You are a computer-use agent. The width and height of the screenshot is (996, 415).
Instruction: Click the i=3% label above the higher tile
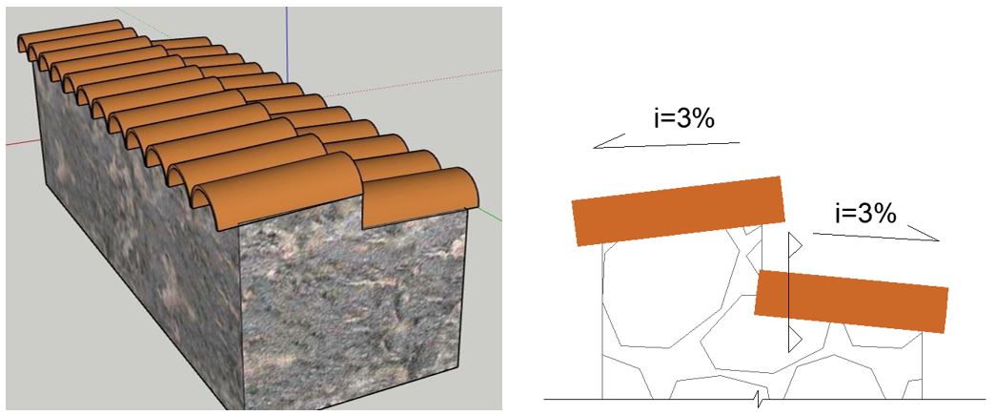pyautogui.click(x=684, y=119)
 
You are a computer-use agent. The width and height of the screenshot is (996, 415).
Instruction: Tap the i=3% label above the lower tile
pyautogui.click(x=865, y=214)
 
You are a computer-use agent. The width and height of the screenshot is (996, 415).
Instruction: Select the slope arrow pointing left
pyautogui.click(x=666, y=142)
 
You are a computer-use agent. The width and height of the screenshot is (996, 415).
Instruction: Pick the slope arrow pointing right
pyautogui.click(x=876, y=234)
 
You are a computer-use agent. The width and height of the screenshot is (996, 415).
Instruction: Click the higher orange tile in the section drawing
pyautogui.click(x=679, y=211)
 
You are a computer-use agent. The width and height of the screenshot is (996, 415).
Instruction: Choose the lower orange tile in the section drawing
pyautogui.click(x=851, y=301)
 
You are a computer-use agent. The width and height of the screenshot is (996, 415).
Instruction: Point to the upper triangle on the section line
pyautogui.click(x=795, y=244)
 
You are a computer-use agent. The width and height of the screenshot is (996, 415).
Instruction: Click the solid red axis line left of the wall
pyautogui.click(x=23, y=141)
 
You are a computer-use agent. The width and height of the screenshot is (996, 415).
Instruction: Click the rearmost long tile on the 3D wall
pyautogui.click(x=70, y=31)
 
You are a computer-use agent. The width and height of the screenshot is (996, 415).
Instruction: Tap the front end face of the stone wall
pyautogui.click(x=353, y=311)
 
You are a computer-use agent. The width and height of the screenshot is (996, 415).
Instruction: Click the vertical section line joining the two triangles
pyautogui.click(x=788, y=292)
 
